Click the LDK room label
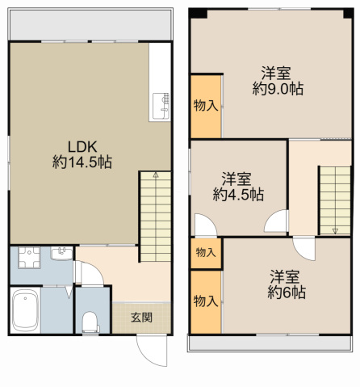coord(82,147)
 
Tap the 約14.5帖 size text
coord(82,162)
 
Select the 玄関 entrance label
coord(141,318)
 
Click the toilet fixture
coord(90,322)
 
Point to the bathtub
coord(25,310)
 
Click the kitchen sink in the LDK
coord(161,106)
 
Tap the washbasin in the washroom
coord(61,254)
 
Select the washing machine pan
coord(29,258)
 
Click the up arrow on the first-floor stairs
coord(156,175)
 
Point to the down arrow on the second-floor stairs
coord(335,231)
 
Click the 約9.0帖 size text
coord(278,89)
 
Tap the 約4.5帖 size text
coord(238,195)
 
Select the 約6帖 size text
coord(287,292)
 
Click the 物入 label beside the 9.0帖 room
coord(206,105)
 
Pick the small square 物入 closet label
coord(206,253)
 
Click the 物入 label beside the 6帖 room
coord(206,301)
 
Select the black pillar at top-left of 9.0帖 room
coord(198,14)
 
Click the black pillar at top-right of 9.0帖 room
coord(348,14)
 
